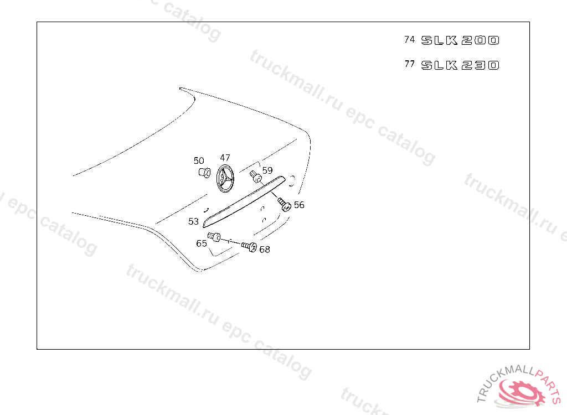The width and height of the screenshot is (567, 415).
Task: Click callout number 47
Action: pyautogui.click(x=225, y=158)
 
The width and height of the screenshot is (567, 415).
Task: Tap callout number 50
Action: pyautogui.click(x=199, y=161)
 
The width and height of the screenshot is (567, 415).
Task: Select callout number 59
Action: pyautogui.click(x=267, y=170)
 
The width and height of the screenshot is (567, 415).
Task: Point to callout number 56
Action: pyautogui.click(x=299, y=205)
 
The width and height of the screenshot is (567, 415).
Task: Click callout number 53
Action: pyautogui.click(x=193, y=221)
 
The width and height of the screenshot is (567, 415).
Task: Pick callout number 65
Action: pyautogui.click(x=202, y=243)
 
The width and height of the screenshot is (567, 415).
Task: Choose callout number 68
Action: pyautogui.click(x=265, y=250)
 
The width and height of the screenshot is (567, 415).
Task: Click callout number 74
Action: pyautogui.click(x=410, y=40)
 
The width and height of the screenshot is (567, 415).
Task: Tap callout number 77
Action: pyautogui.click(x=410, y=64)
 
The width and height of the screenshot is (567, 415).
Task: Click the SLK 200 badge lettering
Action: pyautogui.click(x=460, y=40)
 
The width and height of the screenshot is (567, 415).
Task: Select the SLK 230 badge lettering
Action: pyautogui.click(x=460, y=65)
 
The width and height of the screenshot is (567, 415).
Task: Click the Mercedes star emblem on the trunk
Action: pyautogui.click(x=225, y=179)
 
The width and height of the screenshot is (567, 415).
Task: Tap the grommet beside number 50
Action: pyautogui.click(x=203, y=173)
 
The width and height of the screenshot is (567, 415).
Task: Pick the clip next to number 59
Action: pyautogui.click(x=256, y=177)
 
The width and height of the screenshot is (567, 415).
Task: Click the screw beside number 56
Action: pyautogui.click(x=285, y=205)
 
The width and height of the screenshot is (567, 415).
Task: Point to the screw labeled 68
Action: pyautogui.click(x=250, y=247)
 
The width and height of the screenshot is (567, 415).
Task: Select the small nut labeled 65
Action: pyautogui.click(x=214, y=237)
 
